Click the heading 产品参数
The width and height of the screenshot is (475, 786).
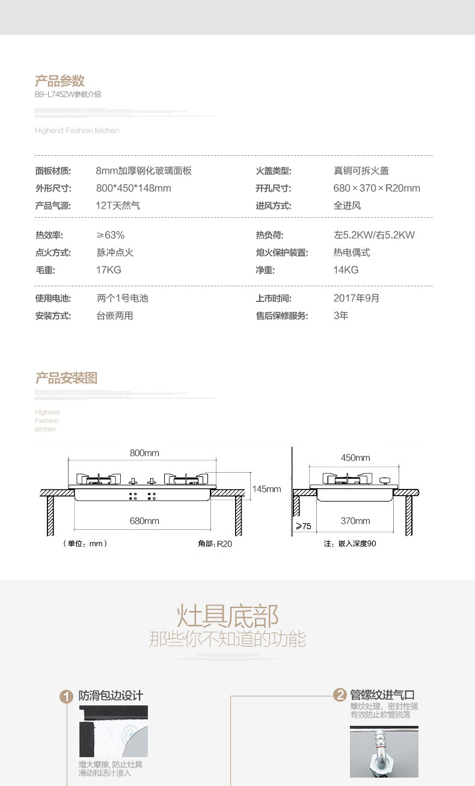point(60,81)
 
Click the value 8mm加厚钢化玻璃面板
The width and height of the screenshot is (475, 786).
point(144,171)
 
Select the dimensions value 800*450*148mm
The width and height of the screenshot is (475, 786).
point(133,188)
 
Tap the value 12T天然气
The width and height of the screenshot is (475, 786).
point(118,206)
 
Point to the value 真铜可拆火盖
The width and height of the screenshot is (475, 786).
point(361,171)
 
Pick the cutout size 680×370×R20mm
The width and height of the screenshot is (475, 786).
point(376,188)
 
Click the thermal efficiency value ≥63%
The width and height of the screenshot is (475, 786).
point(110,235)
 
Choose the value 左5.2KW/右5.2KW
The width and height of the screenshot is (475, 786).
point(374,235)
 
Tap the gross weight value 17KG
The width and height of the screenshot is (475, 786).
point(108,270)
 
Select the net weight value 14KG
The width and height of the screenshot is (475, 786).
point(346,270)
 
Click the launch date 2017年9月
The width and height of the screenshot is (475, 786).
point(357,298)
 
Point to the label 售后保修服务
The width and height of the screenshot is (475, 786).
point(282,316)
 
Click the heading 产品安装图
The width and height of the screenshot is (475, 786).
point(66,378)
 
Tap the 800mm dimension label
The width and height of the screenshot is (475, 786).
point(144,453)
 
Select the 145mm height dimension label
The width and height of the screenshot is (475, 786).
point(266,489)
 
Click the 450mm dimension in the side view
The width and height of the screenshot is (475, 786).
point(355,458)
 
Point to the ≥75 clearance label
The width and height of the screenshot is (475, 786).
point(304,526)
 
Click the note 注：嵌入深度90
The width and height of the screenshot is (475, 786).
point(350,544)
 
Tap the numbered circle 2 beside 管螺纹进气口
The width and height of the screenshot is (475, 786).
point(340,695)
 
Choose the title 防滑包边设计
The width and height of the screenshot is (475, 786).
point(111,696)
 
